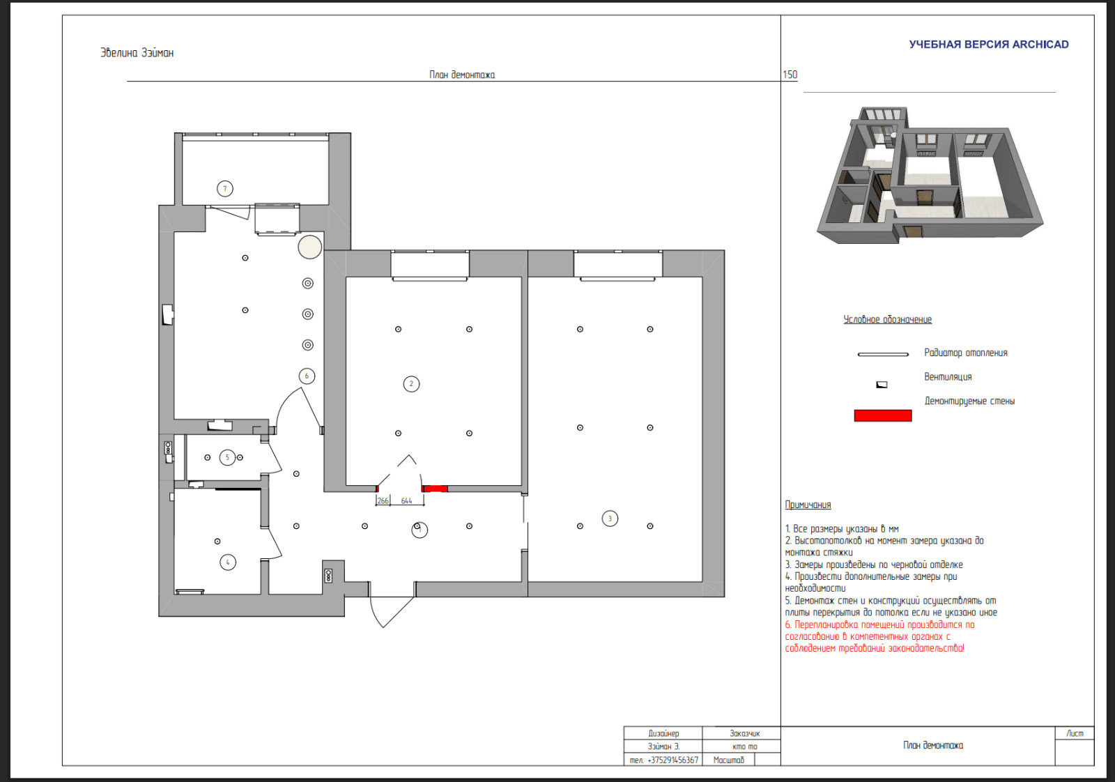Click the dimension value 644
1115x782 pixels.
coord(407,500)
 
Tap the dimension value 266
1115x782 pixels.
coord(383,500)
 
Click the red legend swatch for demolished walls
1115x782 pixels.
coord(883,415)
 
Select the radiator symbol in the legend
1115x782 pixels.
coord(883,355)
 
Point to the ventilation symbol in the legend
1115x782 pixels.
coord(882,385)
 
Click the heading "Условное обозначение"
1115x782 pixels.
coord(888,320)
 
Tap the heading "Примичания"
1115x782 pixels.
coord(808,505)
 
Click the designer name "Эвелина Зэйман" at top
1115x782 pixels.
coord(137,53)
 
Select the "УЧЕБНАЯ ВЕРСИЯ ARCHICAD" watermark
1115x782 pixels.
coord(989,45)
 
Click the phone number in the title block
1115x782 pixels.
coord(663,760)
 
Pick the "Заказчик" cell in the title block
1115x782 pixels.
coord(745,733)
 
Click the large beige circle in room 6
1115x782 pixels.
coord(309,247)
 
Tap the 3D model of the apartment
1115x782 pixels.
coord(930,175)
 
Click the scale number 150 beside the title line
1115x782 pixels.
coord(790,75)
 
